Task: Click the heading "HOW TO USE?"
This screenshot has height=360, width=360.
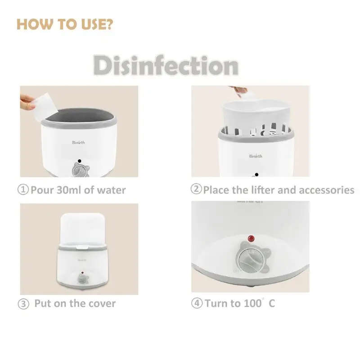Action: click(64, 25)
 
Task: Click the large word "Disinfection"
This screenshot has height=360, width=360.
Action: click(165, 66)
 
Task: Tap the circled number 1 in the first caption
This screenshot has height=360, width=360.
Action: click(23, 189)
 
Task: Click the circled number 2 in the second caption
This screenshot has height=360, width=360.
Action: click(196, 189)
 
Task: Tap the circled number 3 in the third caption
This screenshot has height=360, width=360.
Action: click(23, 304)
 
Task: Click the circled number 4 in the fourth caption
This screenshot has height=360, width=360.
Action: click(197, 303)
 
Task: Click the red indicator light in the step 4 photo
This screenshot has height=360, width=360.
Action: click(251, 238)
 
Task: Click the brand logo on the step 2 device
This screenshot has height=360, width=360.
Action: click(256, 156)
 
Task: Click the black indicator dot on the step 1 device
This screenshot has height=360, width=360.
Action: click(79, 161)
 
